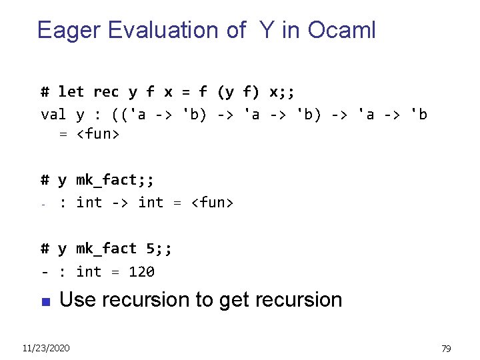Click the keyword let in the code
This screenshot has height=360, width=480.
(71, 91)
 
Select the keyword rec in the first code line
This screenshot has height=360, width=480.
(106, 91)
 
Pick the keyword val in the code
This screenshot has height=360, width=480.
(53, 115)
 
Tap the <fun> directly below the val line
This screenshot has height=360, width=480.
(97, 134)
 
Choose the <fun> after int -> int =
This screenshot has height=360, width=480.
(212, 202)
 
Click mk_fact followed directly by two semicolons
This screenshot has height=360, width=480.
(107, 180)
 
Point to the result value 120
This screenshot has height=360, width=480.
(141, 272)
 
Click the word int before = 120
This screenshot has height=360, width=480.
(89, 272)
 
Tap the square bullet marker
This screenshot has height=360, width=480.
(45, 302)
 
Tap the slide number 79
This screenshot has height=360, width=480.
(446, 348)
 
